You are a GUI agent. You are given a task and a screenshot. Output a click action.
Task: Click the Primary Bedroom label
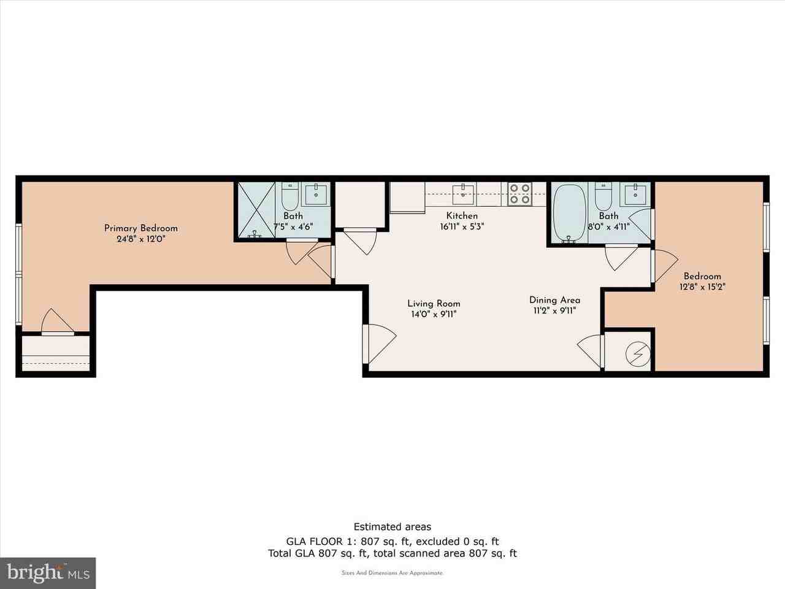pos(141,228)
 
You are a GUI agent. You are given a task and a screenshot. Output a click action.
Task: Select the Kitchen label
pos(462,215)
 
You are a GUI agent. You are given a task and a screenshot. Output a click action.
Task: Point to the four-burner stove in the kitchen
pos(519,194)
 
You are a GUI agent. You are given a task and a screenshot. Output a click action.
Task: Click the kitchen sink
pos(464,194)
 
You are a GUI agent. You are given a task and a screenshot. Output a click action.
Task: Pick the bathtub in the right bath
pos(570,214)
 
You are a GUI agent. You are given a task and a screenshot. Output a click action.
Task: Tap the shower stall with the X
pos(256,210)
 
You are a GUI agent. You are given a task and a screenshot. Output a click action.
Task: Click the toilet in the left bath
pos(289,197)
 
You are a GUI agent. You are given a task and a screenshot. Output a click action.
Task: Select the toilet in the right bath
pos(603,197)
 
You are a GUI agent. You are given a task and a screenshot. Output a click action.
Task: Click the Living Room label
pos(434,304)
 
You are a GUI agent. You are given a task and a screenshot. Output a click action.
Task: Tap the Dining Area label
pos(554,300)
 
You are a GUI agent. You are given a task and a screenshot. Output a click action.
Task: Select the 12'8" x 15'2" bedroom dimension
pos(702,287)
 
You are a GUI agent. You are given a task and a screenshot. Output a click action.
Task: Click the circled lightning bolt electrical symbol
pos(638,354)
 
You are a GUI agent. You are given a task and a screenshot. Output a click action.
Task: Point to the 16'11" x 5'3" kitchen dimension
pos(462,227)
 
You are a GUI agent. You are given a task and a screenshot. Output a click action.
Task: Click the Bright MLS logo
pos(48,573)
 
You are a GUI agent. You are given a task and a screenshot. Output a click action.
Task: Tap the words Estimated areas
pos(392,526)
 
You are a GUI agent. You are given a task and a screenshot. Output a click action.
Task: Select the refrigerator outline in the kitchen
pos(407,198)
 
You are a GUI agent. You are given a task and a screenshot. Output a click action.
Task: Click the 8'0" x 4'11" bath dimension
pos(609,227)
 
